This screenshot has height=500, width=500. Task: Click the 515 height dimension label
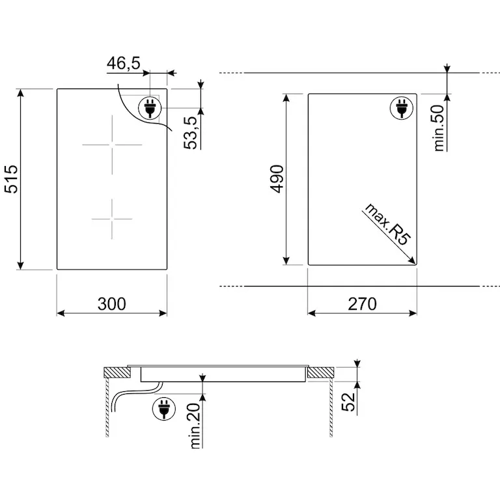point(11,179)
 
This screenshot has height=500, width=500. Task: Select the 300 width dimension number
point(111,304)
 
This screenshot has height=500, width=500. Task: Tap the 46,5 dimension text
point(124,63)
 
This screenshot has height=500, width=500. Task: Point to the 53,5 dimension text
point(191,133)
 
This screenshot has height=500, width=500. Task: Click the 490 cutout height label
point(277,179)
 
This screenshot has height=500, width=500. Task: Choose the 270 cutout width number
point(362,304)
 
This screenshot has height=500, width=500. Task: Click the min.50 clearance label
point(439,128)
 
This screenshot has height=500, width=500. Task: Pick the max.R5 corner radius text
point(387,225)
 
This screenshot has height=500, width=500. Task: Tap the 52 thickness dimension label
point(348,402)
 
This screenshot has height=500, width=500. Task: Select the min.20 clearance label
point(195,426)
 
